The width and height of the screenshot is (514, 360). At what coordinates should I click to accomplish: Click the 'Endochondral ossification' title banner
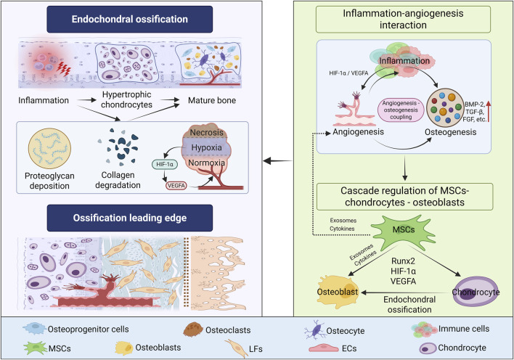(129, 19)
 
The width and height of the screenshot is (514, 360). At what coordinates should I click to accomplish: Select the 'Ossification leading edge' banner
(129, 218)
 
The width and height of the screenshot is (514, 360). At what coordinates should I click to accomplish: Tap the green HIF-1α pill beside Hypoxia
(165, 164)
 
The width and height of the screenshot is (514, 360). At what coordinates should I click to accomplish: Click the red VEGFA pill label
(176, 186)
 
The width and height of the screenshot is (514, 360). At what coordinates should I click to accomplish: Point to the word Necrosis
(206, 132)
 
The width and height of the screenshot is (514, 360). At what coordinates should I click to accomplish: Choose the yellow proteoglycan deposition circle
(49, 149)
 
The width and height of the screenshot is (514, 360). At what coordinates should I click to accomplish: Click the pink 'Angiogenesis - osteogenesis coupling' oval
(401, 110)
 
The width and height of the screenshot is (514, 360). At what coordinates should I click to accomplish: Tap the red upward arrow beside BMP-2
(488, 112)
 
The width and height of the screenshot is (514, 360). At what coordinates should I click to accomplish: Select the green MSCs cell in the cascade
(403, 231)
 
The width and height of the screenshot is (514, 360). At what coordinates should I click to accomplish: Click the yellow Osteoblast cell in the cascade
(338, 292)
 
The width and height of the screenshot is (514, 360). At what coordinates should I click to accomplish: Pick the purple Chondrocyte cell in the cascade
(476, 292)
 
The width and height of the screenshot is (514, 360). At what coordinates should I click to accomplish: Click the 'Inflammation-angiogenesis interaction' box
(403, 20)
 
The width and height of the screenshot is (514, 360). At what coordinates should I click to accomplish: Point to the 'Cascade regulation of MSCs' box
(404, 197)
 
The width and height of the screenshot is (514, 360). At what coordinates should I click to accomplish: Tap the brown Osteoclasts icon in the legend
(193, 330)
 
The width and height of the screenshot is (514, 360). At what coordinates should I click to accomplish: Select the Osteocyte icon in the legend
(314, 330)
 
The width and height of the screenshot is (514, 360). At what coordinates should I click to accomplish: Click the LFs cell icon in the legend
(237, 348)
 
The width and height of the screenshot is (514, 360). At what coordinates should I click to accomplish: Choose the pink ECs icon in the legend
(324, 348)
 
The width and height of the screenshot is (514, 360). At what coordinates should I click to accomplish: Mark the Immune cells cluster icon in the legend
(424, 330)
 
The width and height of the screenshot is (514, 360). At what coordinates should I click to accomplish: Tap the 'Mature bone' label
(212, 100)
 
